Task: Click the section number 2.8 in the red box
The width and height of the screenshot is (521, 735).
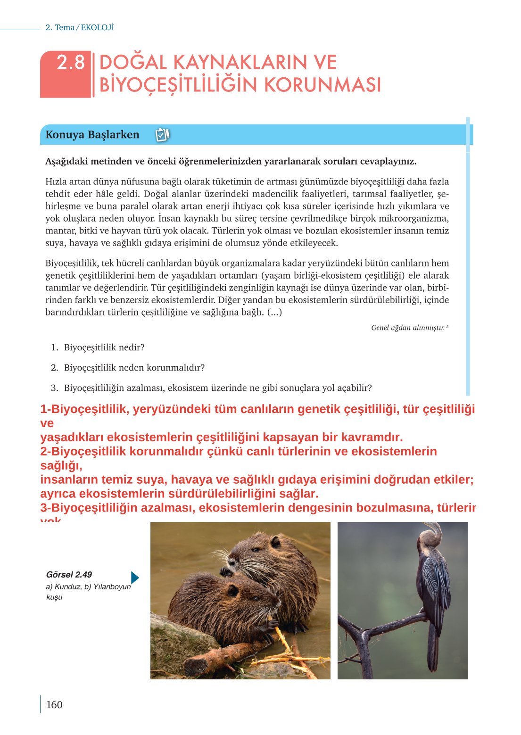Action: coord(70,63)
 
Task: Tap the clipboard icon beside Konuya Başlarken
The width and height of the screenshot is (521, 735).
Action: coord(162,135)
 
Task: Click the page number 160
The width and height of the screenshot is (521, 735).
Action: coord(54,704)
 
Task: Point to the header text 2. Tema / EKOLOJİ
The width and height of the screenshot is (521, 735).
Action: coord(80,28)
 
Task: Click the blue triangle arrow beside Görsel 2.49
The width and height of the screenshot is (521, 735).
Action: coord(134,578)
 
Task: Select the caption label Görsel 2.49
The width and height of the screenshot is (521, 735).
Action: coord(69,574)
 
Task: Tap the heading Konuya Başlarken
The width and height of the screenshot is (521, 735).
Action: coord(92,135)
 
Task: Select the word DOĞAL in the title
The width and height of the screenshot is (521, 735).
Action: coord(133,63)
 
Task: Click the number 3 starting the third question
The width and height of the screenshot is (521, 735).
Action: coord(54,388)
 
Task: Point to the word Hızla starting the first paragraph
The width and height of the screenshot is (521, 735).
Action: coord(56,182)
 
